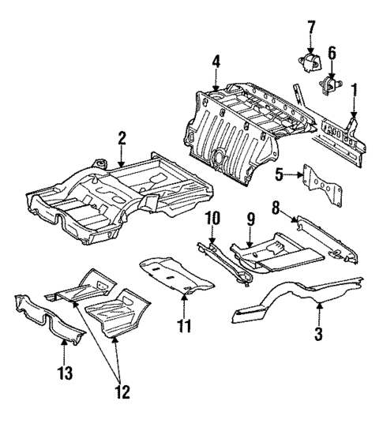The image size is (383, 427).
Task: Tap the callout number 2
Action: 122,140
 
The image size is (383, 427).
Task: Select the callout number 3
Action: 318,334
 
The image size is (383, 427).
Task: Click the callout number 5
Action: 280,174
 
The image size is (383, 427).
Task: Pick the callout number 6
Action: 332,53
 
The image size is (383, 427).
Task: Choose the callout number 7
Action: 311,28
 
